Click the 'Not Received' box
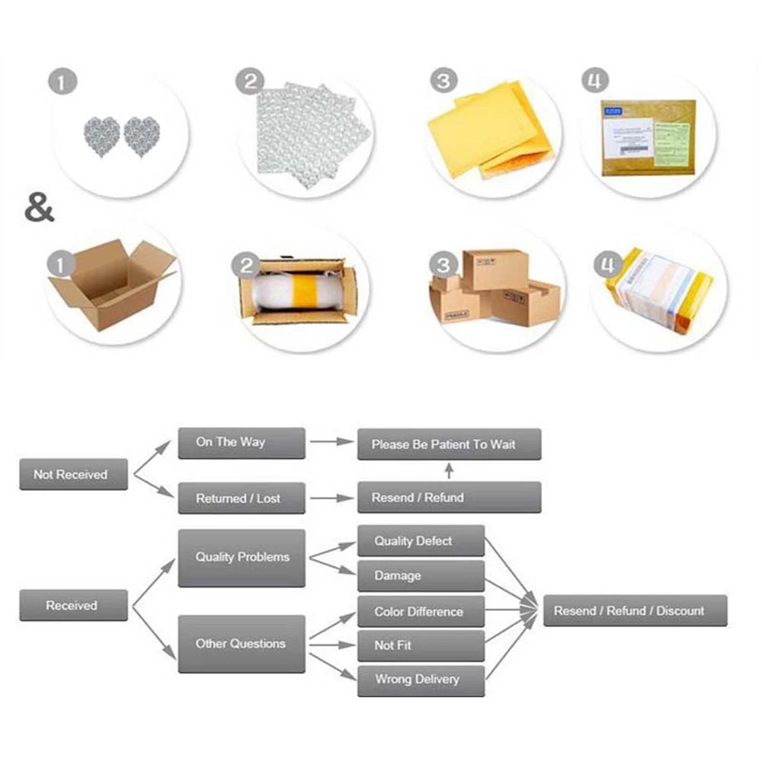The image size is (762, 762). tap(73, 474)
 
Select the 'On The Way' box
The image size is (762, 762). tap(241, 443)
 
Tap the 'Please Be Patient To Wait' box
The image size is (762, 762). tap(449, 444)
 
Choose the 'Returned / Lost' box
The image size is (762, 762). tap(241, 498)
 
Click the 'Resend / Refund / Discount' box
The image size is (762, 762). tap(635, 610)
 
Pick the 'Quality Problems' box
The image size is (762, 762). tap(241, 558)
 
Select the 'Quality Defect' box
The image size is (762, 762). tap(421, 541)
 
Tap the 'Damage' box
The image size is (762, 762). tap(421, 576)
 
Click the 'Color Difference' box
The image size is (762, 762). tap(421, 611)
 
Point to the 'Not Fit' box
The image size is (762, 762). tap(421, 645)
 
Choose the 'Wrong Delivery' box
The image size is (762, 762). tap(421, 680)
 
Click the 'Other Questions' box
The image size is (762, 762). tap(241, 644)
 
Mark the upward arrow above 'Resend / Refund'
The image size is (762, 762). tap(449, 470)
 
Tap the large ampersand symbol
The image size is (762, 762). tap(40, 208)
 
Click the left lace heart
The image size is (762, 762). tap(101, 136)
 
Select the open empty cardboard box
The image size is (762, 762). tap(110, 282)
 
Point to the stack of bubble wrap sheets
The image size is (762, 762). tap(309, 136)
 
